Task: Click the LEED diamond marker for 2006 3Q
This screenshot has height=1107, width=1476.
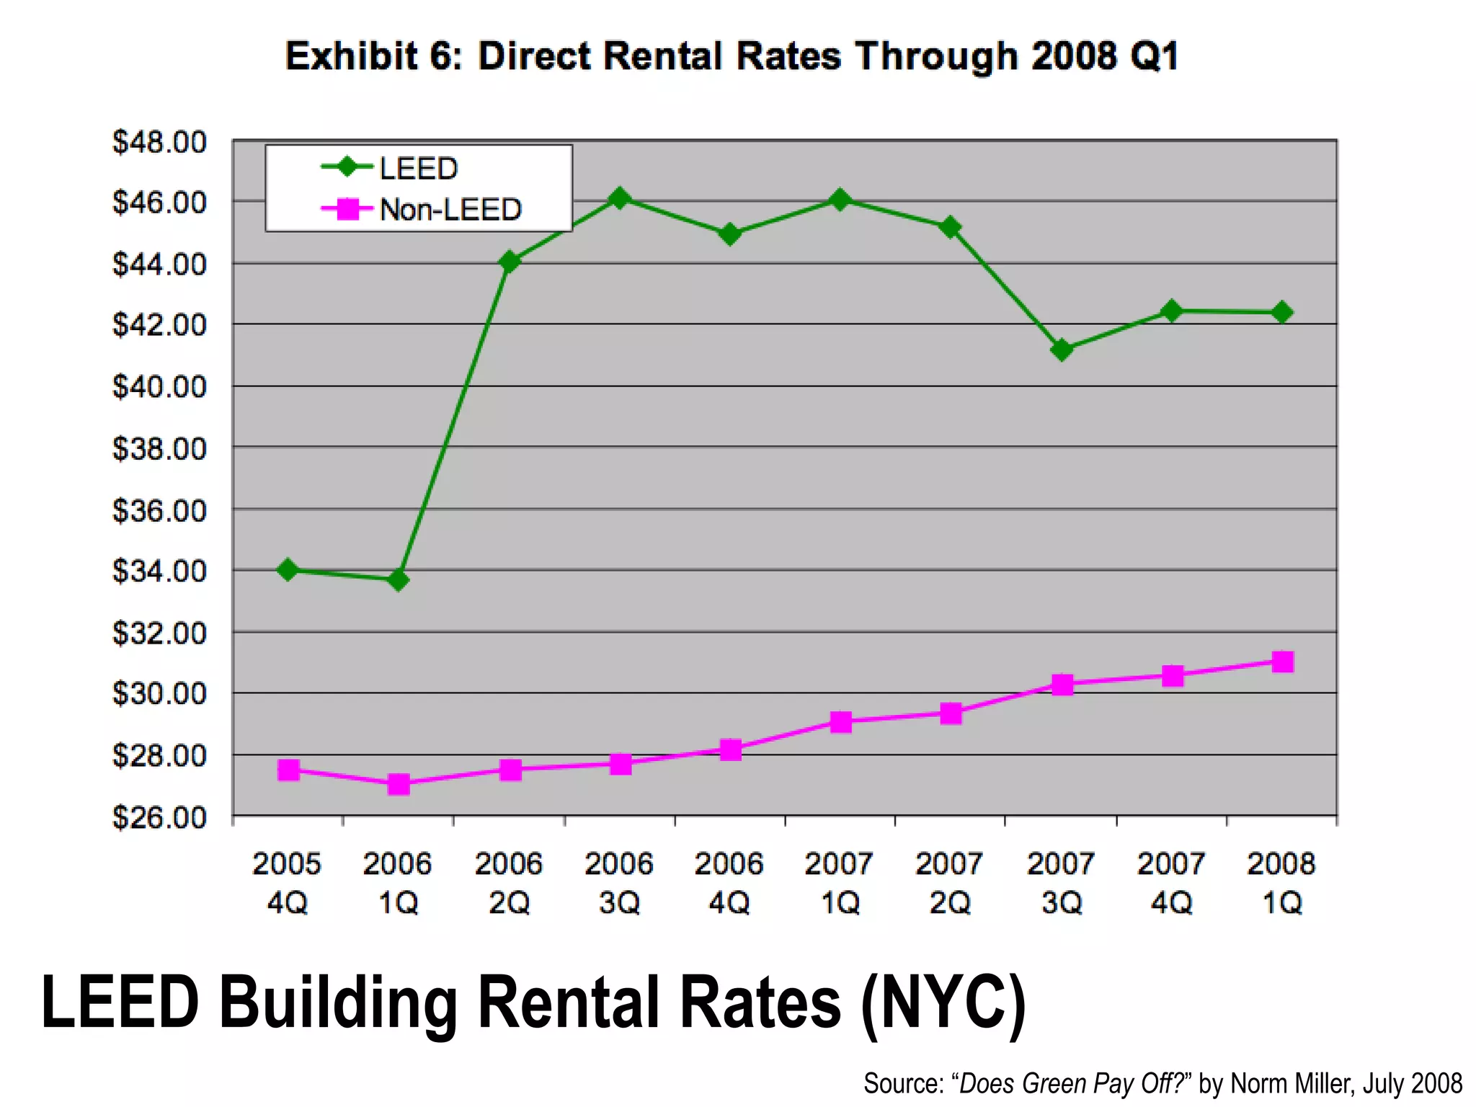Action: pyautogui.click(x=619, y=198)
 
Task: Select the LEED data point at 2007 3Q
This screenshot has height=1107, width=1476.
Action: pyautogui.click(x=1062, y=350)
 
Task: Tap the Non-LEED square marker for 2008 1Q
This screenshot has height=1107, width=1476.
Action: pyautogui.click(x=1283, y=662)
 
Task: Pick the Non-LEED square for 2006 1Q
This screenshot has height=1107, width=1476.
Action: pyautogui.click(x=399, y=784)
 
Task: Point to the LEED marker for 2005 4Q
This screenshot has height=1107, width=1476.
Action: pyautogui.click(x=288, y=570)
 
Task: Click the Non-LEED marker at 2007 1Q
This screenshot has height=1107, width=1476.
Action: pyautogui.click(x=840, y=721)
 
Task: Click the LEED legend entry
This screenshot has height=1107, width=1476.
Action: pyautogui.click(x=418, y=169)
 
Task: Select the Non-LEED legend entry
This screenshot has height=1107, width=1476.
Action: pyautogui.click(x=450, y=210)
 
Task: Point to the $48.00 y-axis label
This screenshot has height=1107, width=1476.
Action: pyautogui.click(x=159, y=142)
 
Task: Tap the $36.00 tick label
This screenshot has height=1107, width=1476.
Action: pyautogui.click(x=159, y=510)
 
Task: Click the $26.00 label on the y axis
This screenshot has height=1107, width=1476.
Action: pyautogui.click(x=159, y=818)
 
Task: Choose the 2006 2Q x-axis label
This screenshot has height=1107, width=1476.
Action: pyautogui.click(x=509, y=882)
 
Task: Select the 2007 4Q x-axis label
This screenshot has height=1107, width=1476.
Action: pyautogui.click(x=1171, y=882)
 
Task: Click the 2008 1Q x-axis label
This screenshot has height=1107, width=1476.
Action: pyautogui.click(x=1281, y=882)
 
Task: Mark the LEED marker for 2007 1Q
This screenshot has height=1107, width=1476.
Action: pyautogui.click(x=840, y=200)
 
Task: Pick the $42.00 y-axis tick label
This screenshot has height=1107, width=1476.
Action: pyautogui.click(x=159, y=326)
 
